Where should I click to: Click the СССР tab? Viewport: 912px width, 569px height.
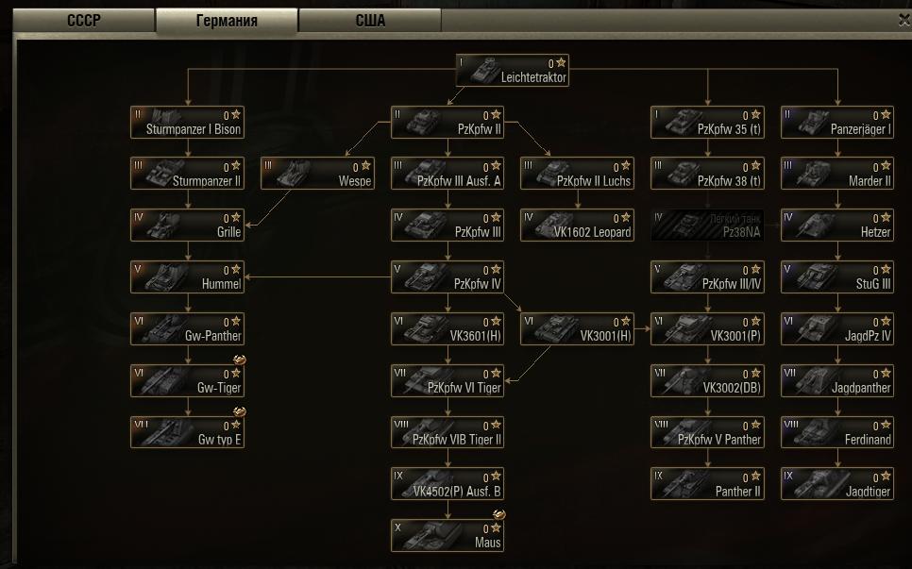[83, 21]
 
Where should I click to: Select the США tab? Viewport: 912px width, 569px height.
[370, 21]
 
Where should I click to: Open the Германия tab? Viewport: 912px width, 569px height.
[227, 21]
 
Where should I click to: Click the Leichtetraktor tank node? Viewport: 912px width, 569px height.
[512, 71]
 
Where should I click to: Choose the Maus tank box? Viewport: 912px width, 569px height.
[448, 535]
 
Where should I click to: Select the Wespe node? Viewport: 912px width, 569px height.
[317, 174]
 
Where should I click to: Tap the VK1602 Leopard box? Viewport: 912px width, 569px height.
[578, 226]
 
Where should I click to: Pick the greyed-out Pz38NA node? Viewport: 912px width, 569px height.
[708, 226]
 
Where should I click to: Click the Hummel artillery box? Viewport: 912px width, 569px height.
[187, 276]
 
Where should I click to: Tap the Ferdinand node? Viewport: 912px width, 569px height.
[837, 432]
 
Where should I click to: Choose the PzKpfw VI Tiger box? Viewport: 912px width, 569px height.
[448, 380]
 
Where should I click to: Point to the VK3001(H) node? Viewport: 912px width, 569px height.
[578, 328]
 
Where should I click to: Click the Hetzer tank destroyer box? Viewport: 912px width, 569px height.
[837, 226]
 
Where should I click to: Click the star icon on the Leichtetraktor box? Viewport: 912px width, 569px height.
[561, 63]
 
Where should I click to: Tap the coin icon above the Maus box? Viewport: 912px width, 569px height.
[498, 514]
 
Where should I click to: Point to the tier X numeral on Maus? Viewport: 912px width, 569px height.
[398, 527]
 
